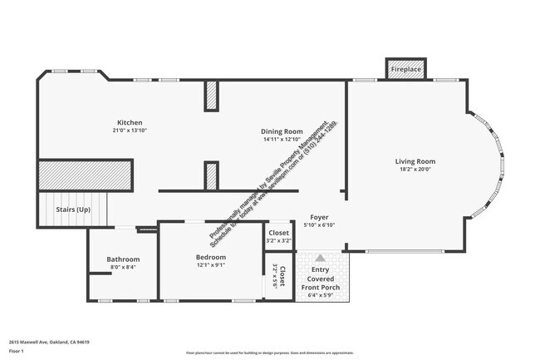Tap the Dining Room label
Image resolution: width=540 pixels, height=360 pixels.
click(282, 131)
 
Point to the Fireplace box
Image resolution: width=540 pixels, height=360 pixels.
click(406, 70)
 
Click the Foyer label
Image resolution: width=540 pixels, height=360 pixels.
click(319, 217)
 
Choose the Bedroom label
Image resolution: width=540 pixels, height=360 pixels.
click(211, 258)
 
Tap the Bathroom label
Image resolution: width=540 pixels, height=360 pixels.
click(123, 259)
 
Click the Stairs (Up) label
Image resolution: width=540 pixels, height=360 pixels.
click(73, 210)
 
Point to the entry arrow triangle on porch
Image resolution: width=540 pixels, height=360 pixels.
click(320, 259)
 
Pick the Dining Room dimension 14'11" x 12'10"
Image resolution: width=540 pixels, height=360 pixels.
click(282, 140)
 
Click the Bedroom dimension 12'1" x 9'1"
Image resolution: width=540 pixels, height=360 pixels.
click(211, 266)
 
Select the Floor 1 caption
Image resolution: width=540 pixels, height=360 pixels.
click(17, 352)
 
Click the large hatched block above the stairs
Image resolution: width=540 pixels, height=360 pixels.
click(86, 175)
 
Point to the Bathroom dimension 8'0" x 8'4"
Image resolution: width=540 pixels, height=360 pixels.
click(123, 268)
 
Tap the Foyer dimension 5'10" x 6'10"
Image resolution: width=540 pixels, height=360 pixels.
click(319, 225)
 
